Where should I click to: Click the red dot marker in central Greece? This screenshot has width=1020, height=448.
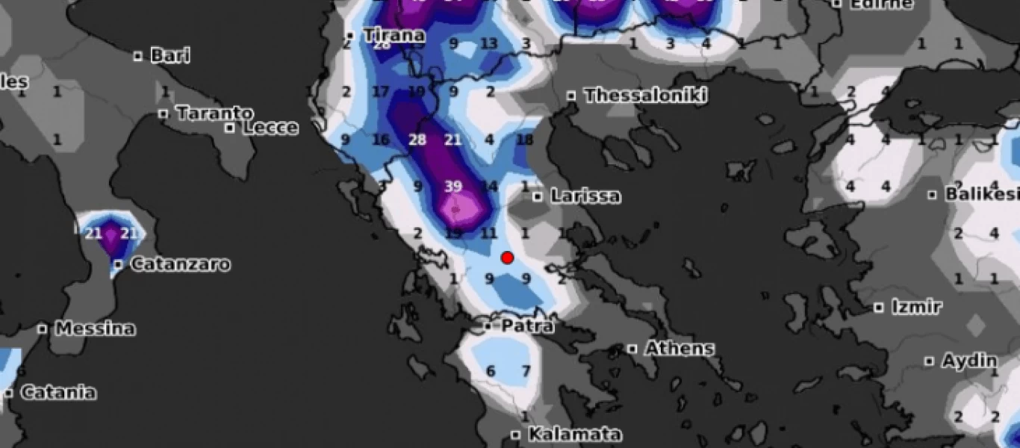(x=507, y=258)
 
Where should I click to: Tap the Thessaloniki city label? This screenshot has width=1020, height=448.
(x=645, y=96)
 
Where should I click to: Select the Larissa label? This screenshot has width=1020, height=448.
(x=585, y=196)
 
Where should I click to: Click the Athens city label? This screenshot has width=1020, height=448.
(x=680, y=349)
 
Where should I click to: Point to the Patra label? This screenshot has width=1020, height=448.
(x=527, y=326)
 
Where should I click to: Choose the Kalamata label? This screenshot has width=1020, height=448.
(x=575, y=434)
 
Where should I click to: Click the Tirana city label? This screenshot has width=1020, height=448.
(x=394, y=35)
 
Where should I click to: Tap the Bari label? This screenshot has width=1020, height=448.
(x=170, y=55)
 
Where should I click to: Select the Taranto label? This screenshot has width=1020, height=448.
(x=214, y=113)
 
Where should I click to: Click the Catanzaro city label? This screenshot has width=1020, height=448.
(x=181, y=264)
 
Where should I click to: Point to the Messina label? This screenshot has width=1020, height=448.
(x=96, y=329)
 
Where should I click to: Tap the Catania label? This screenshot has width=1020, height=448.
(x=58, y=392)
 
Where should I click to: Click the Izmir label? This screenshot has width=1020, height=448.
(x=916, y=307)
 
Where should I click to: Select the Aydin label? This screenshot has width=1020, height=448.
(x=969, y=361)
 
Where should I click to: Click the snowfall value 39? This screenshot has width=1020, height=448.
(x=453, y=187)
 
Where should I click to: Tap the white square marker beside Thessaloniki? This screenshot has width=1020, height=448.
(x=571, y=96)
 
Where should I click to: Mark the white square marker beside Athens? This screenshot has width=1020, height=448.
(x=632, y=349)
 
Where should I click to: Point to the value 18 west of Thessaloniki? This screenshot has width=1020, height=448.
(x=524, y=140)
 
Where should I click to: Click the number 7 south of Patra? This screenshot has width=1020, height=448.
(x=526, y=371)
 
